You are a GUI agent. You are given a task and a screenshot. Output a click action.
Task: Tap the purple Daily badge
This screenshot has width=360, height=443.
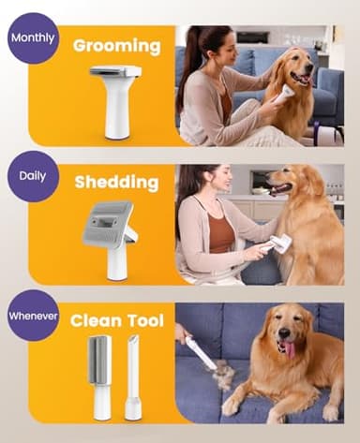33,174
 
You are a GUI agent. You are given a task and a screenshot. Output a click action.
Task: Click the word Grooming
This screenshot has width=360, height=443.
117,44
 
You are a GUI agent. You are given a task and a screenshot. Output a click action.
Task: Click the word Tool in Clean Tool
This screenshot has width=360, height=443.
145,318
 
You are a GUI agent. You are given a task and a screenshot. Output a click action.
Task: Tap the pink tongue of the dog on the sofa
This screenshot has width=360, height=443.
287,350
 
